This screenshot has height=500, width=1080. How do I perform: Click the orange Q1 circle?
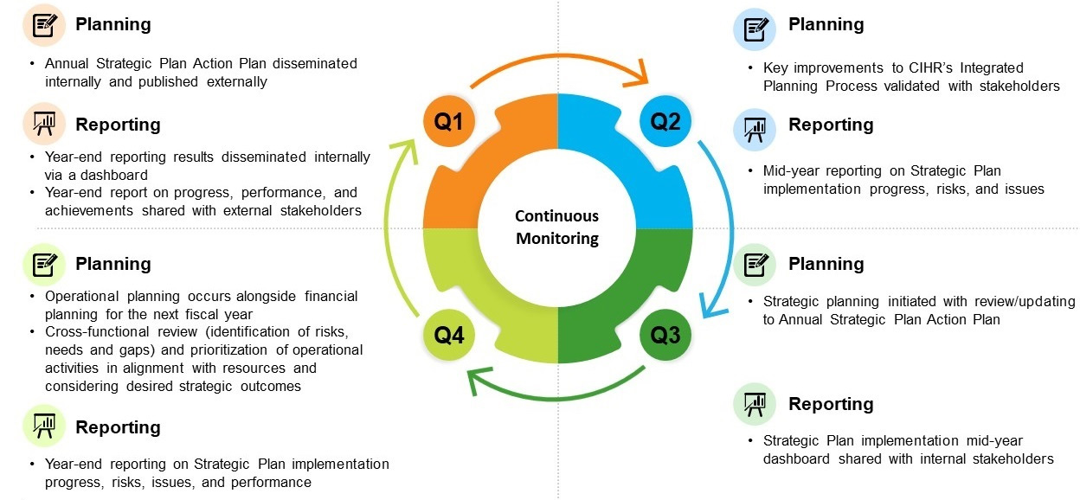pos(448,122)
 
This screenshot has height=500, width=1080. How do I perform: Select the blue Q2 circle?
pos(665,122)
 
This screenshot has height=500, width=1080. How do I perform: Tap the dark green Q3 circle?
pos(665,335)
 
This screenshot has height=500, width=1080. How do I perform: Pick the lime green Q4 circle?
pos(448,335)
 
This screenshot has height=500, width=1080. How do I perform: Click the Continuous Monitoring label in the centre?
pos(556,227)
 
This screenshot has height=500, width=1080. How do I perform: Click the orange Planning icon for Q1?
pos(43,24)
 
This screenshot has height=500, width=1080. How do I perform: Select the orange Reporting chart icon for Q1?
pos(43,125)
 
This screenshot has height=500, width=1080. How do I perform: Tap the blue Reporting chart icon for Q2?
pos(755,128)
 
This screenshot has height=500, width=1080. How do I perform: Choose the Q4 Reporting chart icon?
pos(43,426)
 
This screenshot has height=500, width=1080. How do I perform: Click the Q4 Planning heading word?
pos(113,264)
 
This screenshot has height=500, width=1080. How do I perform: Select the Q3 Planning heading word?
pos(826,264)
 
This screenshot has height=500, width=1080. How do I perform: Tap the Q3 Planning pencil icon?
pos(755,264)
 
